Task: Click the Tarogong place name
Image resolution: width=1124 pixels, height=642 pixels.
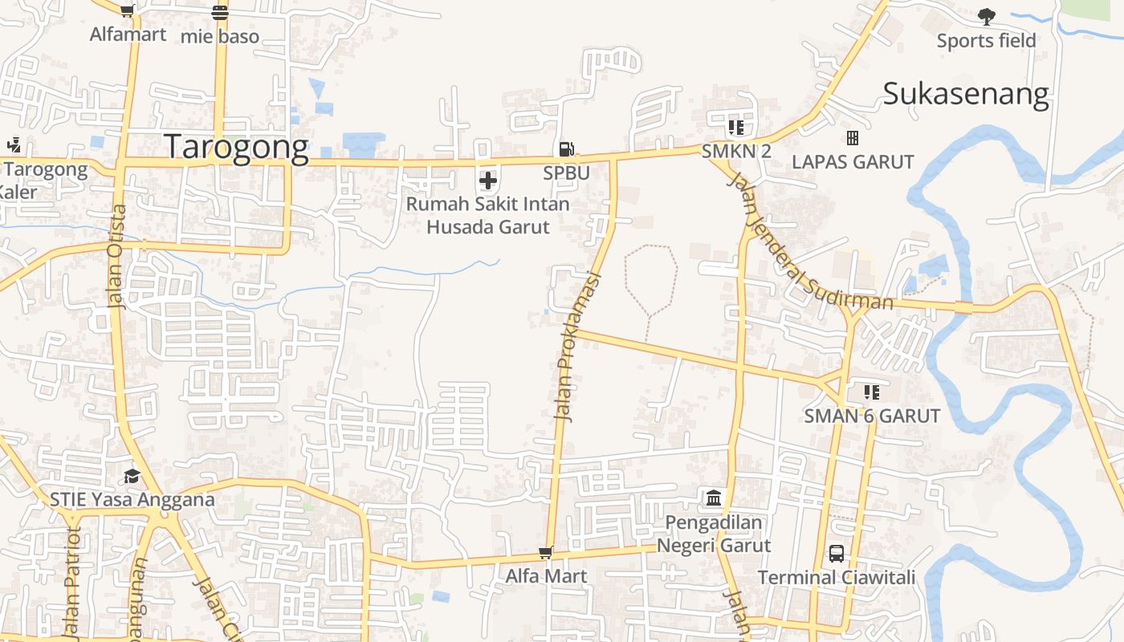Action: point(236,148)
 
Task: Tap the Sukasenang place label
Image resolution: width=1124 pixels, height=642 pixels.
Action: point(966,94)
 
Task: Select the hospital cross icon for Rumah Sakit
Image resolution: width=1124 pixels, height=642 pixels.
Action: point(488,181)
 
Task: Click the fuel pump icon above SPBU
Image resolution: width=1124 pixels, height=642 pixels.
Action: point(566,148)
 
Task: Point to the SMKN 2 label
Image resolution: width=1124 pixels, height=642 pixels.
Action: point(736,151)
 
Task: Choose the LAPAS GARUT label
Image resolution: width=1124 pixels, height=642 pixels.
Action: point(853,161)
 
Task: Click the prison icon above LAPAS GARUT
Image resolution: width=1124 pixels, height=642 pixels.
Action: point(853,138)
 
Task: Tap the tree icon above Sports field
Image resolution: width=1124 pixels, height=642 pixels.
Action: point(987,16)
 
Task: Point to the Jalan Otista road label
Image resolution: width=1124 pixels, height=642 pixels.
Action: point(117,256)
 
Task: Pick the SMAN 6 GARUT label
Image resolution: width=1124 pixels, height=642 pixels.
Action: point(872,416)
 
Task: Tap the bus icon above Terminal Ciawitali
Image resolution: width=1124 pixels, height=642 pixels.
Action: point(837,553)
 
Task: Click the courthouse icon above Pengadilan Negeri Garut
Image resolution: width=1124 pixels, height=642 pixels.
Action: point(714,498)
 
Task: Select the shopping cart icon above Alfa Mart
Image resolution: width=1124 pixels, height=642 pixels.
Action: point(546,553)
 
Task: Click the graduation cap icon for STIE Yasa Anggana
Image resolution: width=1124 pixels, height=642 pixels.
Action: point(132,476)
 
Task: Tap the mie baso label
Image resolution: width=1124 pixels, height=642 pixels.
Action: point(220,36)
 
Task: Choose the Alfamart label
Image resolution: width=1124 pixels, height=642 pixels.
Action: point(128,34)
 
